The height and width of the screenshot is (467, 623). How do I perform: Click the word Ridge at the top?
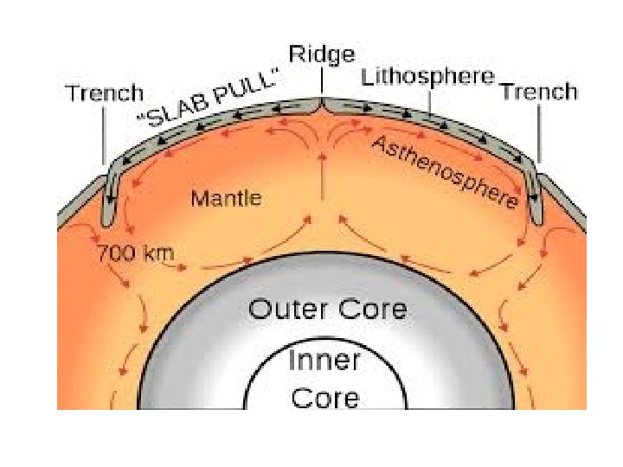321,55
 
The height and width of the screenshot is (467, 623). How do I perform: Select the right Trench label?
538,92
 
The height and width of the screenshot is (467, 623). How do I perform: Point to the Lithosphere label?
427,77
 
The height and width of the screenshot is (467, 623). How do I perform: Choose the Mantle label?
226,199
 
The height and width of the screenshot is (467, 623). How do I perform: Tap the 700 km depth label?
136,254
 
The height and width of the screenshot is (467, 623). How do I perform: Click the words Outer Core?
327,309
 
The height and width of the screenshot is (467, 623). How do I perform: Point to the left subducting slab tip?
106,220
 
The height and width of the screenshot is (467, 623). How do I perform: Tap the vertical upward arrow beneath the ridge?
322,164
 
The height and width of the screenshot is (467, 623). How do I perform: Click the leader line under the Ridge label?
322,83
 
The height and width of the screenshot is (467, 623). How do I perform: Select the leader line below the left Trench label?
105,134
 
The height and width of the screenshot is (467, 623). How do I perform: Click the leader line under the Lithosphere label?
429,101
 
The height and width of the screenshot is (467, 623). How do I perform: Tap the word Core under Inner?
324,398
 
